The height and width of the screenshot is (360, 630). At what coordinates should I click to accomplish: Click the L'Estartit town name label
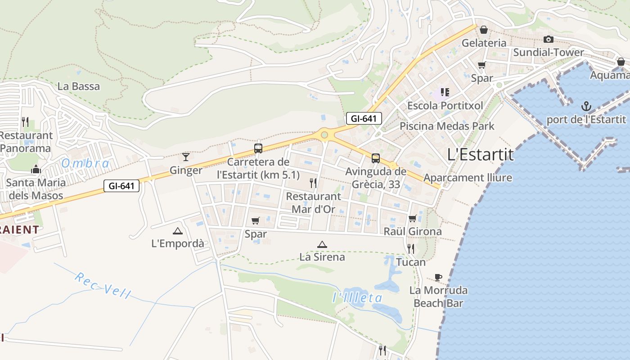480,154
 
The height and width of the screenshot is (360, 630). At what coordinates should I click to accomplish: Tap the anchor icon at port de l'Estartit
586,107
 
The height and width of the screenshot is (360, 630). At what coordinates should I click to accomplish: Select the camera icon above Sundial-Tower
548,40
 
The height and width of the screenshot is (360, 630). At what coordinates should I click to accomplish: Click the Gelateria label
484,43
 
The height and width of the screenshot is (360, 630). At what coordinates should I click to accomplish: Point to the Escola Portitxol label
445,105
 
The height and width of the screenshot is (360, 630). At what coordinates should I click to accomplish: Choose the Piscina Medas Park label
447,126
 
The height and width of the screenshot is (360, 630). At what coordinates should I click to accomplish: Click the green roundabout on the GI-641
324,134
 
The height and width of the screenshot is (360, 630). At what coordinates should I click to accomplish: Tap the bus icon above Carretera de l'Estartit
258,148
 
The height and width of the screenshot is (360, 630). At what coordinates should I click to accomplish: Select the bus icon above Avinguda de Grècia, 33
376,158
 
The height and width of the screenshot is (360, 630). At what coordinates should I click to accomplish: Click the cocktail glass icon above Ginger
185,157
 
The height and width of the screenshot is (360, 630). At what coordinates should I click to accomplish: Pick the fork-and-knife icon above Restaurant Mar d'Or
313,183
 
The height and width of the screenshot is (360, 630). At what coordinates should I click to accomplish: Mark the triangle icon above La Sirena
322,244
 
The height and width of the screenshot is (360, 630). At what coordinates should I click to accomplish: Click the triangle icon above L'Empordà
177,231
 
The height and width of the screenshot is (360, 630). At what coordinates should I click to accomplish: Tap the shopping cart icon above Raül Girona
412,219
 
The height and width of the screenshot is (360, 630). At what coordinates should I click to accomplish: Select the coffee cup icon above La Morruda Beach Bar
438,277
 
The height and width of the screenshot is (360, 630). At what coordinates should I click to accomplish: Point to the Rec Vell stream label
103,285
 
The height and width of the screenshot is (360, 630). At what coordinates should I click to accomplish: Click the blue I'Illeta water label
357,297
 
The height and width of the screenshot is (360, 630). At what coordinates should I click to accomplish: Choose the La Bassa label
79,86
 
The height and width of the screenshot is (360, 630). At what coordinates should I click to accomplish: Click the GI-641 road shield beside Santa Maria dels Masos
121,185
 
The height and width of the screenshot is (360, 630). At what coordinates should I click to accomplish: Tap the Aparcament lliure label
468,178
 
